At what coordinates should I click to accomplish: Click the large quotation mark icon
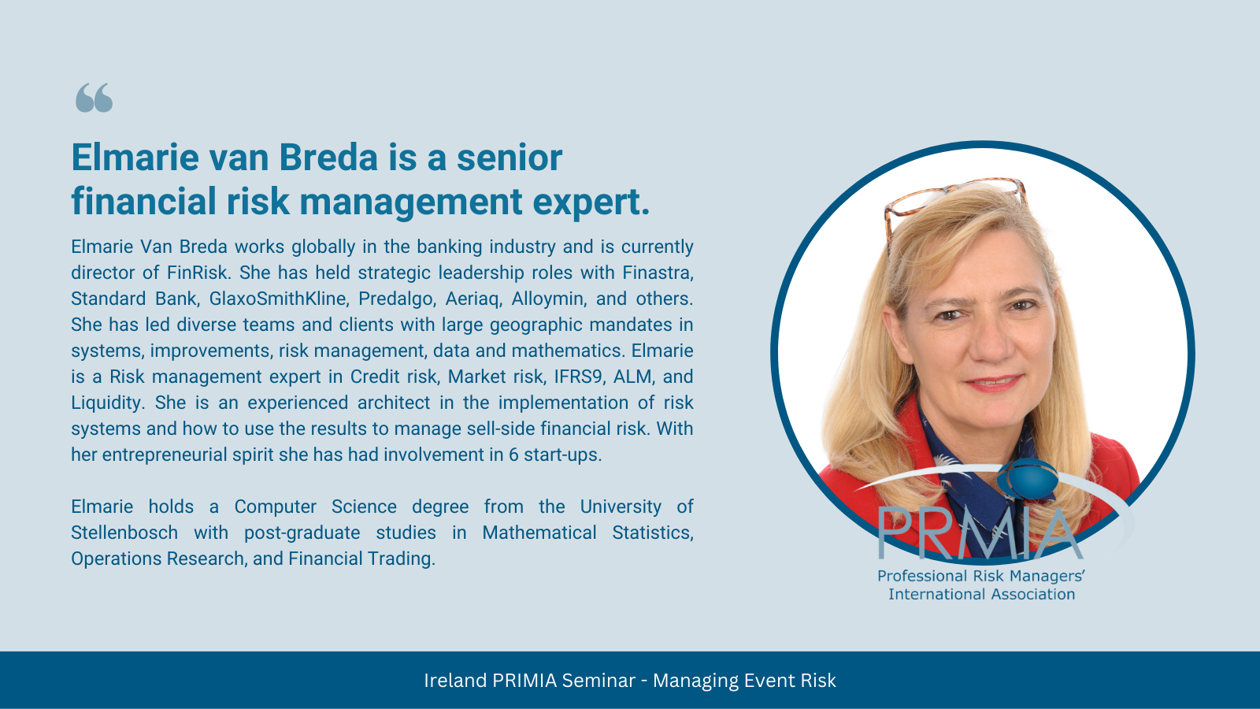tap(94, 98)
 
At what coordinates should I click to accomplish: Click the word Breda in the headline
tap(328, 158)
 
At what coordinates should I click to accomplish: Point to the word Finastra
tap(658, 273)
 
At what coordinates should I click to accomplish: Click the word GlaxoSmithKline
tap(279, 299)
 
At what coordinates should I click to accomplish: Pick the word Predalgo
tap(397, 299)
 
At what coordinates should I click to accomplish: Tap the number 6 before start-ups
tap(513, 455)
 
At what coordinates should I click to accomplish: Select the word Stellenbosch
tap(124, 533)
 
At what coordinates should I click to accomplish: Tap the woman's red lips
tap(993, 383)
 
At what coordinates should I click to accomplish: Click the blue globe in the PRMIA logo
tap(1027, 479)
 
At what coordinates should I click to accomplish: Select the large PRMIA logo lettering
tap(980, 533)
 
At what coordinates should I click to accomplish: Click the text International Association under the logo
tap(981, 594)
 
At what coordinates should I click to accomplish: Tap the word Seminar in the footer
tap(598, 681)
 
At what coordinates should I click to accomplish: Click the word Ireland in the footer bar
tap(455, 681)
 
